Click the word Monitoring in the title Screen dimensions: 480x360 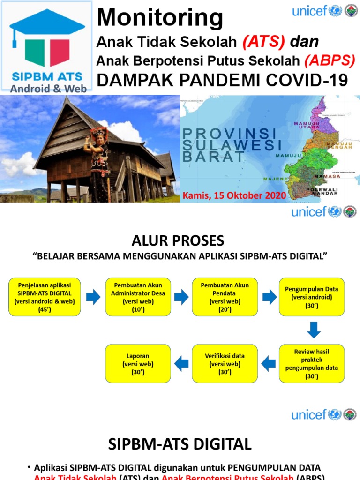(x=160, y=18)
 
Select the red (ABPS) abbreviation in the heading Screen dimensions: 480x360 (x=330, y=60)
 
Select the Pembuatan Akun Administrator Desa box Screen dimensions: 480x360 (x=138, y=297)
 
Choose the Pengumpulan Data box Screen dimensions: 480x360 (x=312, y=297)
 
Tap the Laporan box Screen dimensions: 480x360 (x=138, y=363)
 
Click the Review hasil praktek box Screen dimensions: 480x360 (x=312, y=363)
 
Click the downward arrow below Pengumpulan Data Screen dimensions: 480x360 (x=314, y=330)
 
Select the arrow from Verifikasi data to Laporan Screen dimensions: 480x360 (x=181, y=363)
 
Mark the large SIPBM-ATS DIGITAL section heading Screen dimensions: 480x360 (x=180, y=443)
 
